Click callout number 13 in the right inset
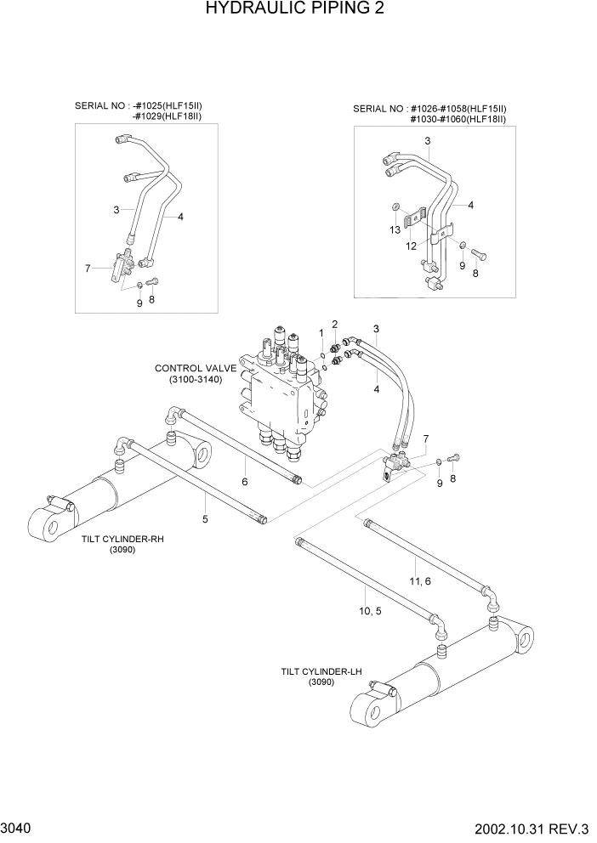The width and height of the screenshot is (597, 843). pos(394,229)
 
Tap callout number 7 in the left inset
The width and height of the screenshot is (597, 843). pos(87,269)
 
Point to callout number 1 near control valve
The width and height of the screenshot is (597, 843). pos(321,332)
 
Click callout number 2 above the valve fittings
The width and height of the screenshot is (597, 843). pos(335,324)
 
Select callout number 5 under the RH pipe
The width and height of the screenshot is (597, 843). pos(205,518)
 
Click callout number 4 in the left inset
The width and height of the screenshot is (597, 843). pos(180,217)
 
